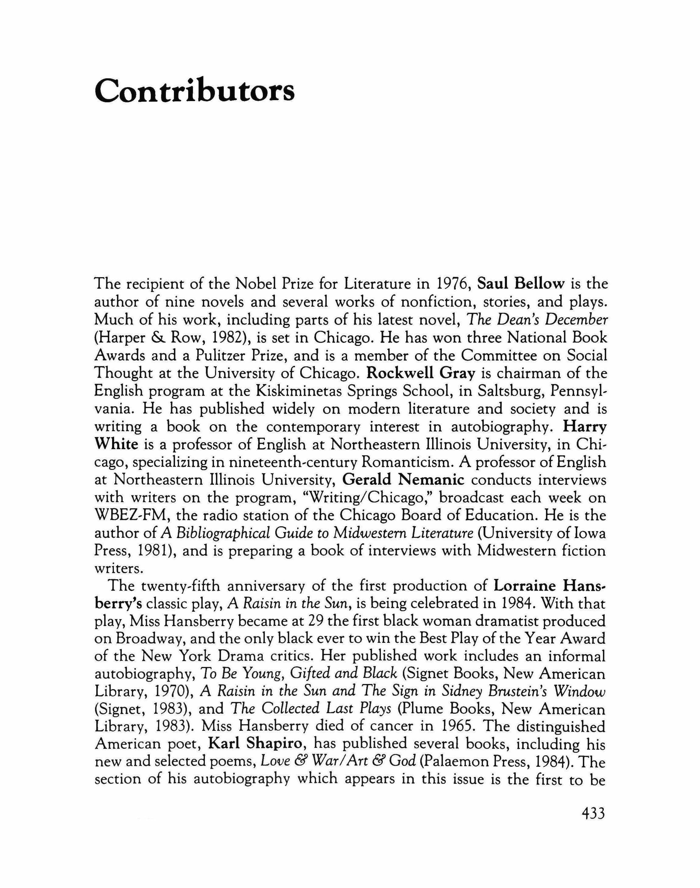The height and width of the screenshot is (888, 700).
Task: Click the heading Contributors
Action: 194,91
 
